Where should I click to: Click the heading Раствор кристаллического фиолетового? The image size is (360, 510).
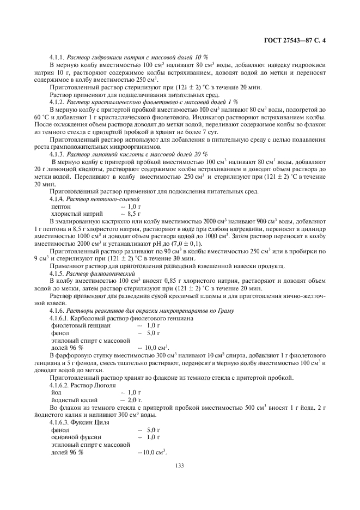(126, 102)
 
